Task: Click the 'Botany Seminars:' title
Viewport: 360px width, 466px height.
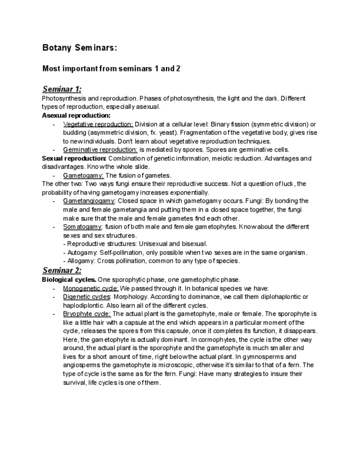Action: click(79, 48)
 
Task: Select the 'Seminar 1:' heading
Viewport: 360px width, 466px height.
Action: click(62, 89)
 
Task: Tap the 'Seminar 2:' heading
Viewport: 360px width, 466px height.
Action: click(62, 270)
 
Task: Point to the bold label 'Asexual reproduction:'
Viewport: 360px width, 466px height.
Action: click(76, 115)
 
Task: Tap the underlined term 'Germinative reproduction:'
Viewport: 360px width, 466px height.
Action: click(100, 149)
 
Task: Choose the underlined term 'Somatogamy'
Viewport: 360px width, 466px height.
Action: click(82, 226)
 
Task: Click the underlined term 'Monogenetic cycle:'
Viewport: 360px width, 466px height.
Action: click(91, 288)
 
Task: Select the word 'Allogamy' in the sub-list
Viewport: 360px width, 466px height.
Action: click(80, 260)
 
